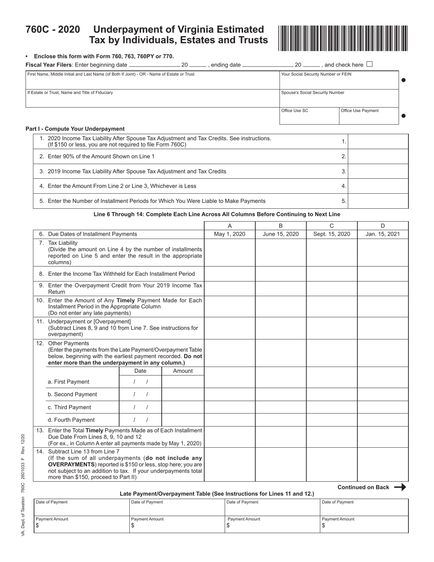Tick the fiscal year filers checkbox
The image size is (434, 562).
pyautogui.click(x=370, y=64)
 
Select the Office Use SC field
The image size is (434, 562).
pyautogui.click(x=309, y=116)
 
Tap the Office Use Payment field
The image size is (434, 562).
pyautogui.click(x=369, y=116)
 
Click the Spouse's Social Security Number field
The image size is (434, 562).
pyautogui.click(x=339, y=98)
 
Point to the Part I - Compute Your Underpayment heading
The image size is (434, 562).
pyautogui.click(x=75, y=129)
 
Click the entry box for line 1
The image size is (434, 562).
pyautogui.click(x=378, y=142)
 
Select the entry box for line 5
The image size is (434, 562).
pyautogui.click(x=378, y=201)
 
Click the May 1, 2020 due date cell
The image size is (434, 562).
pyautogui.click(x=229, y=234)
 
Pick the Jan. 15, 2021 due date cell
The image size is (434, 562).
pyautogui.click(x=383, y=234)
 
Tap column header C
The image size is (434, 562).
pyautogui.click(x=332, y=226)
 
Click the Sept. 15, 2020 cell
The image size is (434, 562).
pyautogui.click(x=332, y=234)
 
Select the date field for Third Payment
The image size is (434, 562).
pyautogui.click(x=140, y=407)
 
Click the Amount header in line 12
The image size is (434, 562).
pyautogui.click(x=183, y=371)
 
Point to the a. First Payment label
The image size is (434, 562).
pyautogui.click(x=69, y=382)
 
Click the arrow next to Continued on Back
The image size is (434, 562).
pyautogui.click(x=400, y=487)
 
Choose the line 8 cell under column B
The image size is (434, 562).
pyautogui.click(x=281, y=274)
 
